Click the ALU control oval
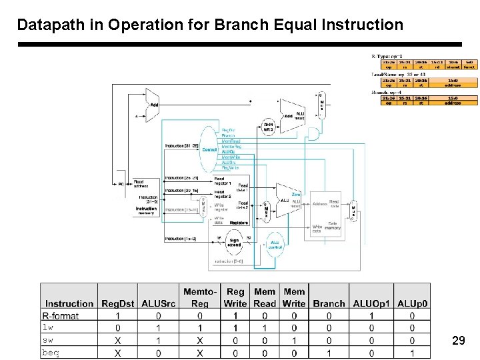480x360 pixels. (x=275, y=243)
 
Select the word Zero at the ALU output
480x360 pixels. (x=295, y=195)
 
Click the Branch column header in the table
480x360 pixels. (x=329, y=303)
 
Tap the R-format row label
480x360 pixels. (x=61, y=316)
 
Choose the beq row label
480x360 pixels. (x=51, y=353)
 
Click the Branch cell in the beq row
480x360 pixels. (x=329, y=353)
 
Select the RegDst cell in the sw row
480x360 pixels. (x=118, y=340)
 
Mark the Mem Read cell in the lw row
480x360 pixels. (x=264, y=328)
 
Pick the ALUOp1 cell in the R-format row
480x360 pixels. (x=371, y=316)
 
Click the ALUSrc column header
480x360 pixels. (x=158, y=303)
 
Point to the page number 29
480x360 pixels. (x=458, y=341)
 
